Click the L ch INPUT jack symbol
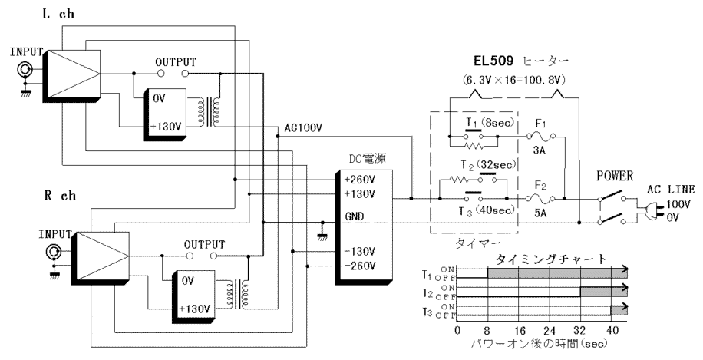pyautogui.click(x=25, y=70)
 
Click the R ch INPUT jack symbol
pyautogui.click(x=54, y=252)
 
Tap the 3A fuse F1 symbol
pyautogui.click(x=540, y=135)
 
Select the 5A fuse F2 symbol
pyautogui.click(x=540, y=198)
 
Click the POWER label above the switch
pyautogui.click(x=615, y=177)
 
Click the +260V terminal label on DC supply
pyautogui.click(x=360, y=180)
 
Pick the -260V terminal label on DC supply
pyautogui.click(x=360, y=266)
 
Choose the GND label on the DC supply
pyautogui.click(x=355, y=216)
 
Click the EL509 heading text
pyautogui.click(x=493, y=60)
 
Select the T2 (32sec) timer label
pyautogui.click(x=488, y=166)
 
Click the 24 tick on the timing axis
pyautogui.click(x=550, y=332)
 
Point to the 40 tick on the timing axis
pyautogui.click(x=612, y=332)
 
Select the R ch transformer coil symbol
pyautogui.click(x=238, y=295)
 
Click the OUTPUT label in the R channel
pyautogui.click(x=204, y=244)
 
